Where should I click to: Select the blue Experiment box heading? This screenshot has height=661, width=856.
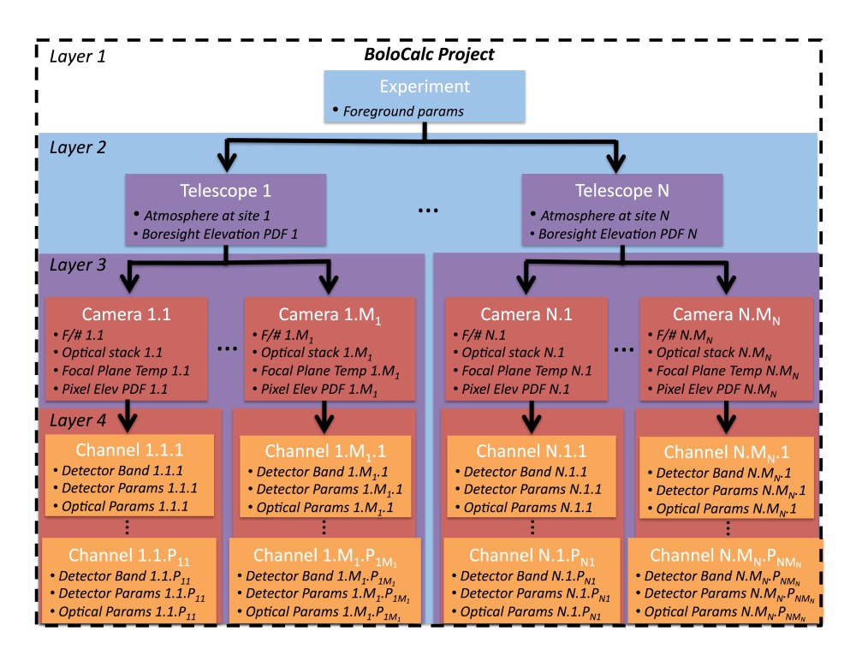point(425,86)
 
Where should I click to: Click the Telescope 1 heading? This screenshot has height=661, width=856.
point(225,191)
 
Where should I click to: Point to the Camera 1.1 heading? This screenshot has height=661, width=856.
point(126,314)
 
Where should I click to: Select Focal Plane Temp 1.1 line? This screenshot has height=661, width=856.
point(130,371)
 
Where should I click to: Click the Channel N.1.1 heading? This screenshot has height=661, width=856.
point(531,450)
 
